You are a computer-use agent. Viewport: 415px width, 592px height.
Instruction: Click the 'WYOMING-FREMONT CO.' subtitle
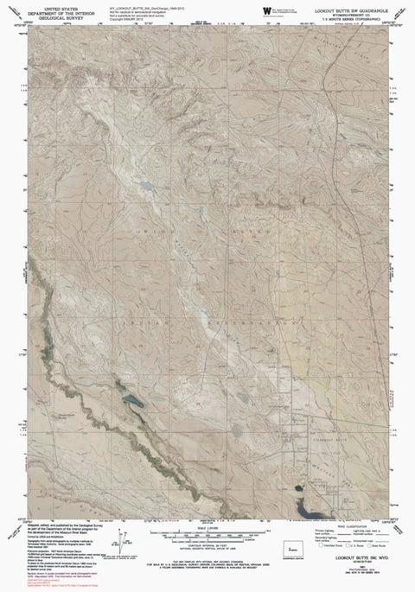point(347,10)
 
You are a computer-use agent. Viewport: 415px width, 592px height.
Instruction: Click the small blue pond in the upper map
point(148,185)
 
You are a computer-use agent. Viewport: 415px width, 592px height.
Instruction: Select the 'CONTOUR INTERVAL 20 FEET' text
point(208,521)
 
